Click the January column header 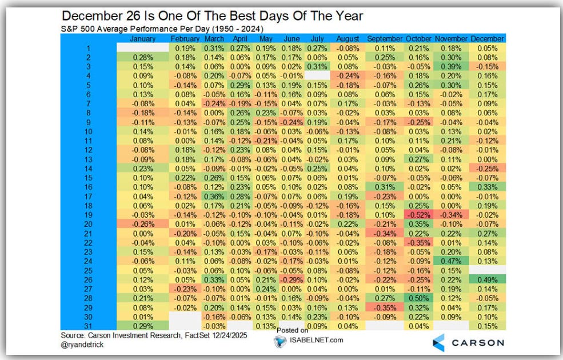(x=143, y=38)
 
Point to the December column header (x=487, y=38)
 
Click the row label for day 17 (x=88, y=195)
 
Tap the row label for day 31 (x=88, y=326)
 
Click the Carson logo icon (x=438, y=342)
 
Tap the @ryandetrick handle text (x=86, y=345)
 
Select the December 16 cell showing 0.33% (x=487, y=186)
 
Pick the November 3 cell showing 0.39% (x=451, y=66)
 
